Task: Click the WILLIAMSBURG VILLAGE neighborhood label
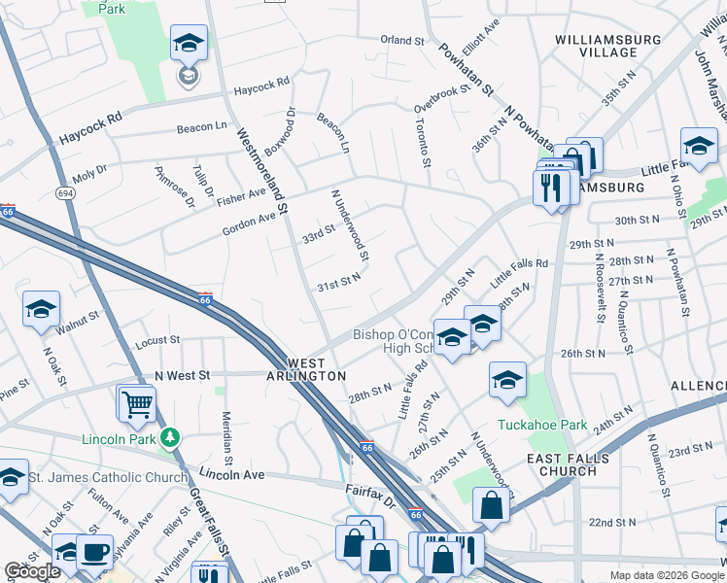[608, 46]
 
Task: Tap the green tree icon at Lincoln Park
[171, 437]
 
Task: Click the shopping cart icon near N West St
[136, 402]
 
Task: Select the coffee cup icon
[94, 552]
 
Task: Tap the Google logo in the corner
[32, 571]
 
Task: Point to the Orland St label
[403, 41]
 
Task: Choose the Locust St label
[158, 341]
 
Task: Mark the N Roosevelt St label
[600, 282]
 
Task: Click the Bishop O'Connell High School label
[398, 342]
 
